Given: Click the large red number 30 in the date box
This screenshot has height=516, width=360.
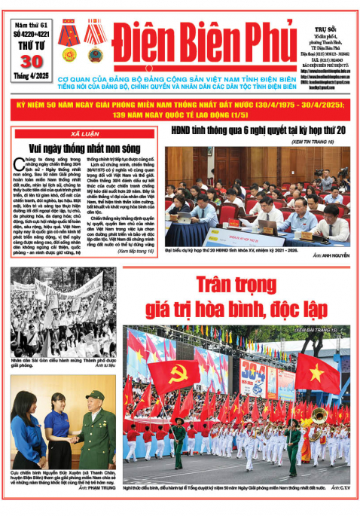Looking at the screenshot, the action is pyautogui.click(x=29, y=63).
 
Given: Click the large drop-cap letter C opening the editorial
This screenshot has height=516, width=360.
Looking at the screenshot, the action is pyautogui.click(x=19, y=165).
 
